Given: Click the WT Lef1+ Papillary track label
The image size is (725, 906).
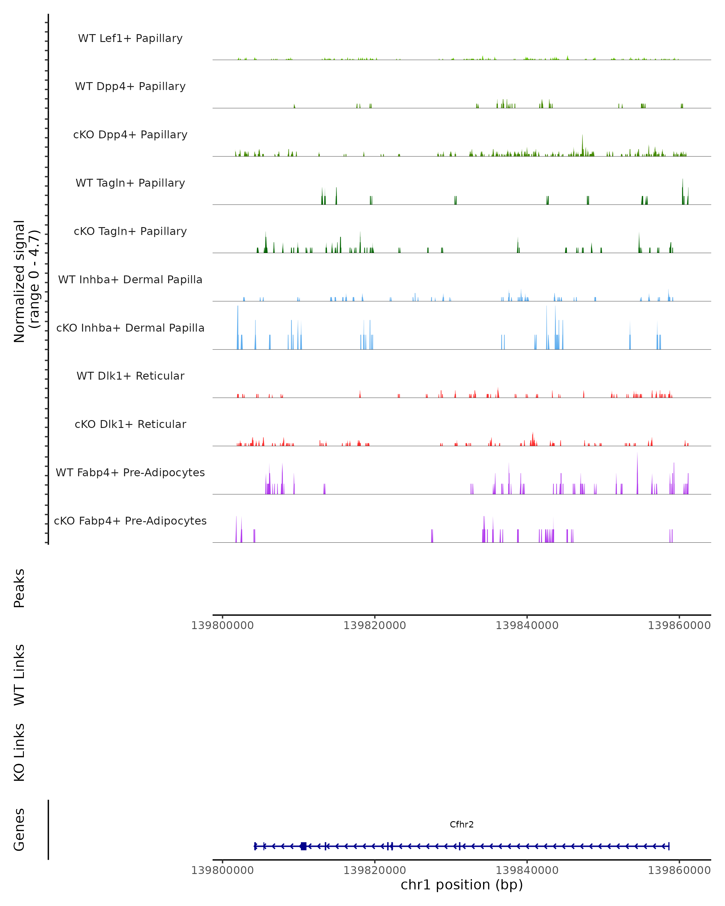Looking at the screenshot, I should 130,38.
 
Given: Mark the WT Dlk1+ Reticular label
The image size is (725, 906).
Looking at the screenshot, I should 130,376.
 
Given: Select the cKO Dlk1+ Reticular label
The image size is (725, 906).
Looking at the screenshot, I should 130,424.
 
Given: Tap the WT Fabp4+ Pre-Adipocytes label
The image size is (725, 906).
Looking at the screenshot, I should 130,472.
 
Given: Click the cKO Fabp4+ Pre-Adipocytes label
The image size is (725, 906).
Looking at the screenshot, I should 130,521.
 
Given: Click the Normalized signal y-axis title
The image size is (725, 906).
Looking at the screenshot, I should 26,281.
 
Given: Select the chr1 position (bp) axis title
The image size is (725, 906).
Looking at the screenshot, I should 462,885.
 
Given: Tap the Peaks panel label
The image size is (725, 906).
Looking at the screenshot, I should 19,588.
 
